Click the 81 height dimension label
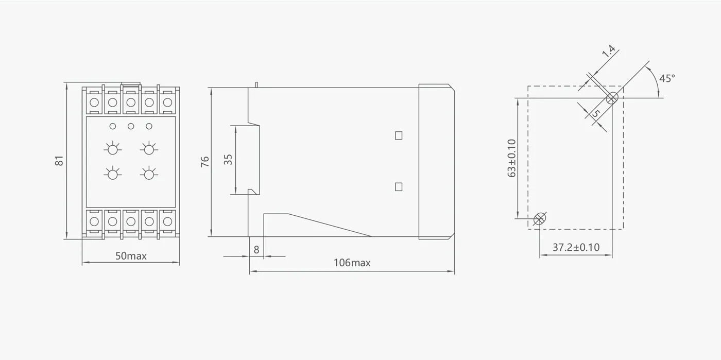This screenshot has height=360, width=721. coord(59,161)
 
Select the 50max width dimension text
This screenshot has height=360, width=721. coord(131,256)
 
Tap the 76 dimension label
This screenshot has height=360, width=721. coord(205,162)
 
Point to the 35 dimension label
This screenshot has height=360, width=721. coord(228,160)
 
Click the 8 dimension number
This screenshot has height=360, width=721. coord(256,250)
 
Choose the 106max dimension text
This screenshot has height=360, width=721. coord(352,263)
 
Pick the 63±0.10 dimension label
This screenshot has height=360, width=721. coord(511,158)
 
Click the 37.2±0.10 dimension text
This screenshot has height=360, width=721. coord(576,247)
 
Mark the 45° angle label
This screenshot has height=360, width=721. coord(667,78)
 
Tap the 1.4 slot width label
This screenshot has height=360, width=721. coord(608,51)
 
